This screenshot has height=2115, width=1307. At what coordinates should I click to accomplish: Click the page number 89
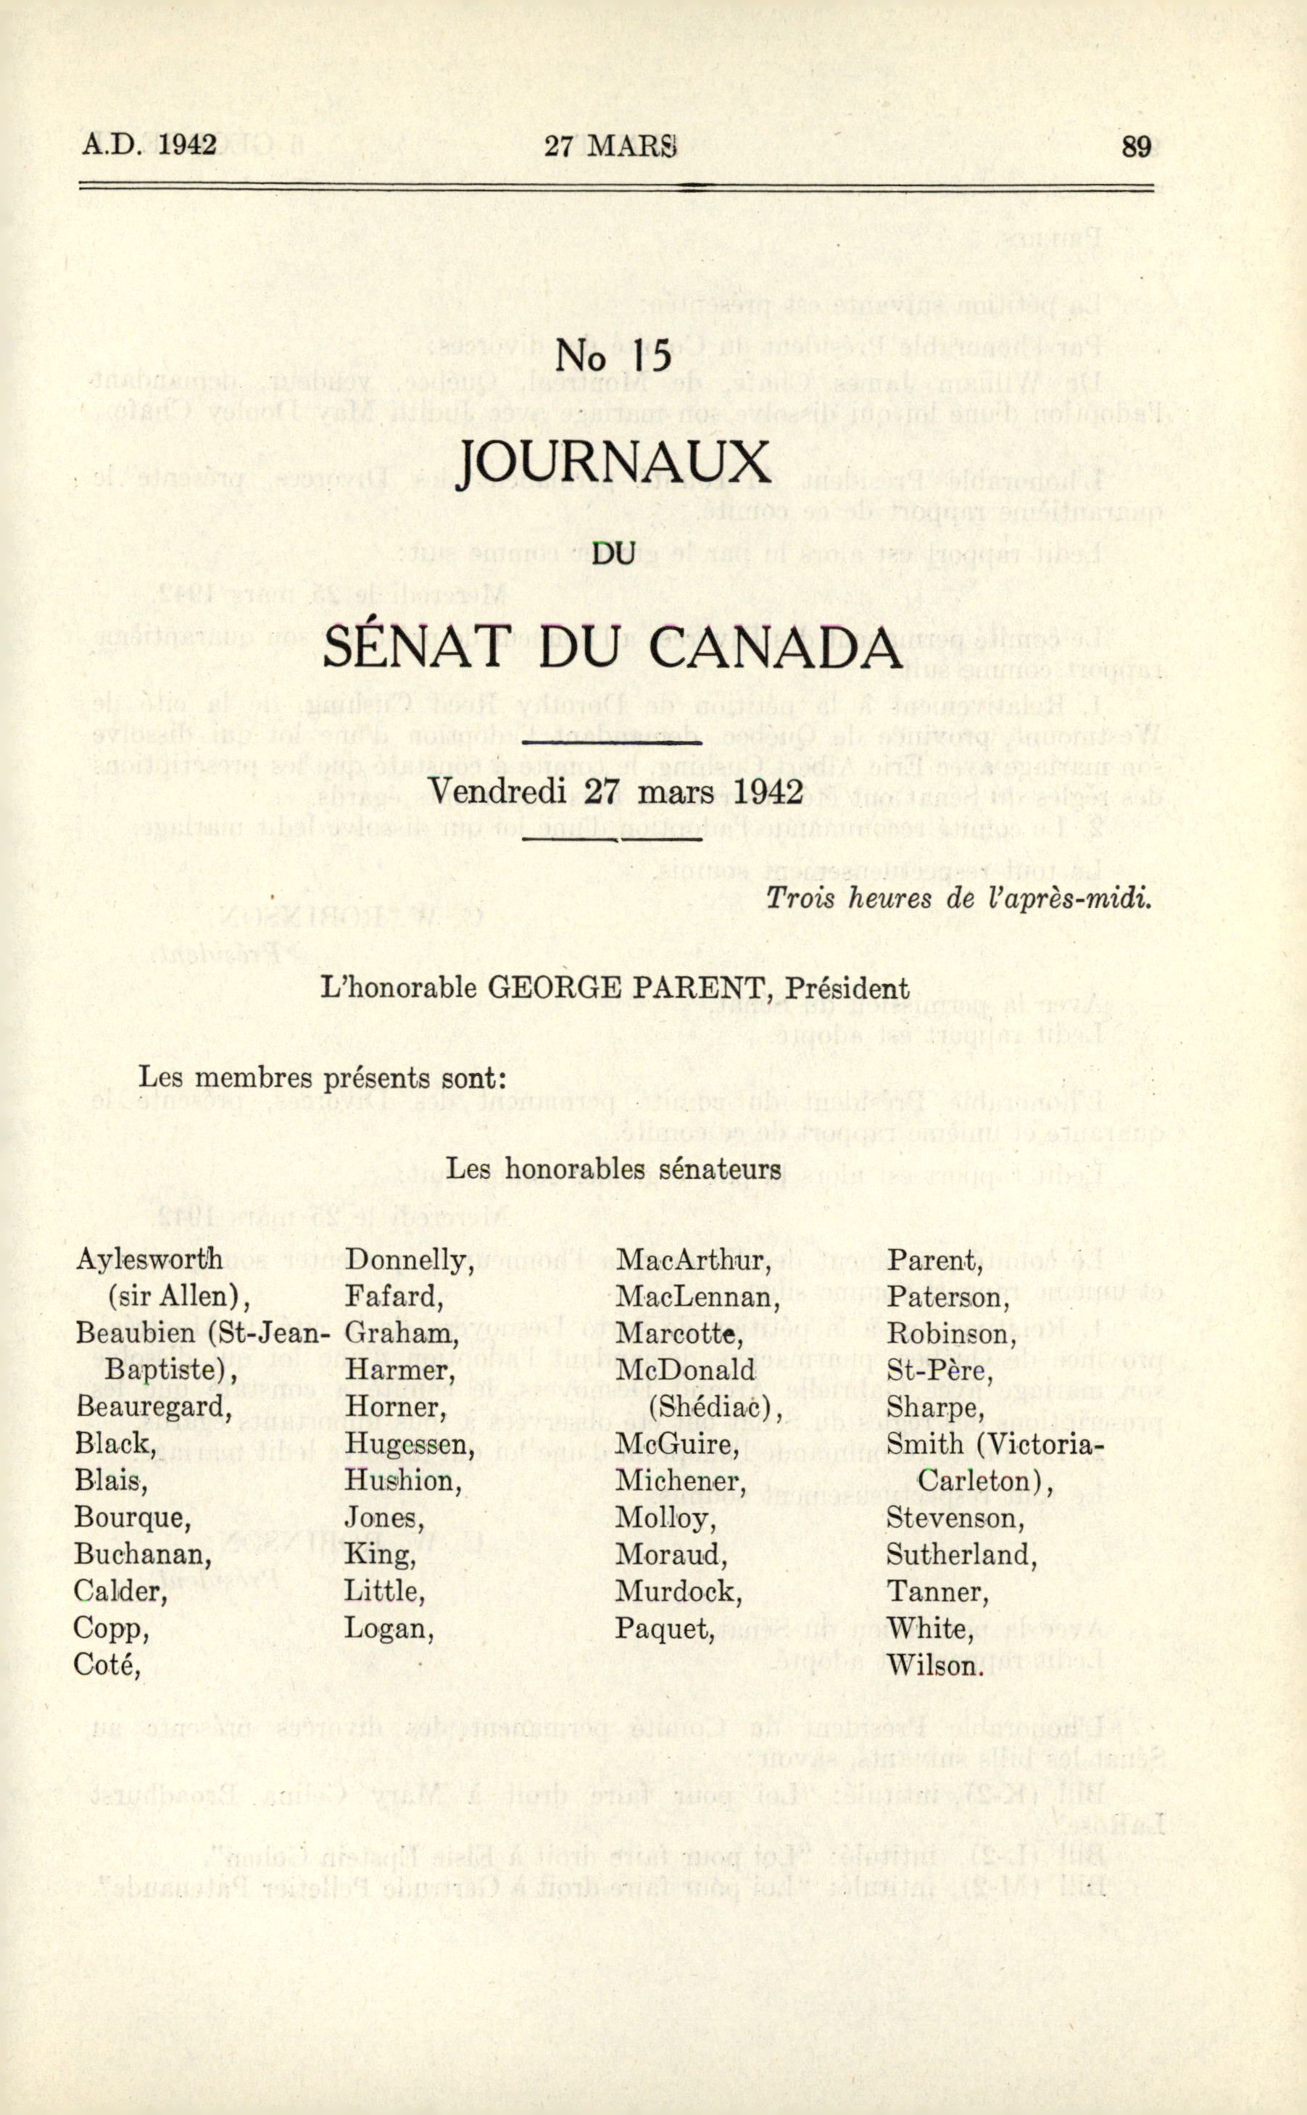[1136, 147]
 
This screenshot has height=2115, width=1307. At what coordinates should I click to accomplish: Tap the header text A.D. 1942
[149, 144]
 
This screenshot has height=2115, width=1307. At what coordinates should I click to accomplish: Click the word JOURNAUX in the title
[614, 466]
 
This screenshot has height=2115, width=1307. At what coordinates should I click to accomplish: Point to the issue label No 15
[614, 356]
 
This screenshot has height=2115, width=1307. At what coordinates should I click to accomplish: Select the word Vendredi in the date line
[497, 790]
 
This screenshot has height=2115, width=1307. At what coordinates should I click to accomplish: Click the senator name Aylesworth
[149, 1260]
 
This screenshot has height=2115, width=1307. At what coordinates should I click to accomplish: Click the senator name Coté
[107, 1664]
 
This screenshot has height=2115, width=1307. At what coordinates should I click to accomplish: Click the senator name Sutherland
[961, 1554]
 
